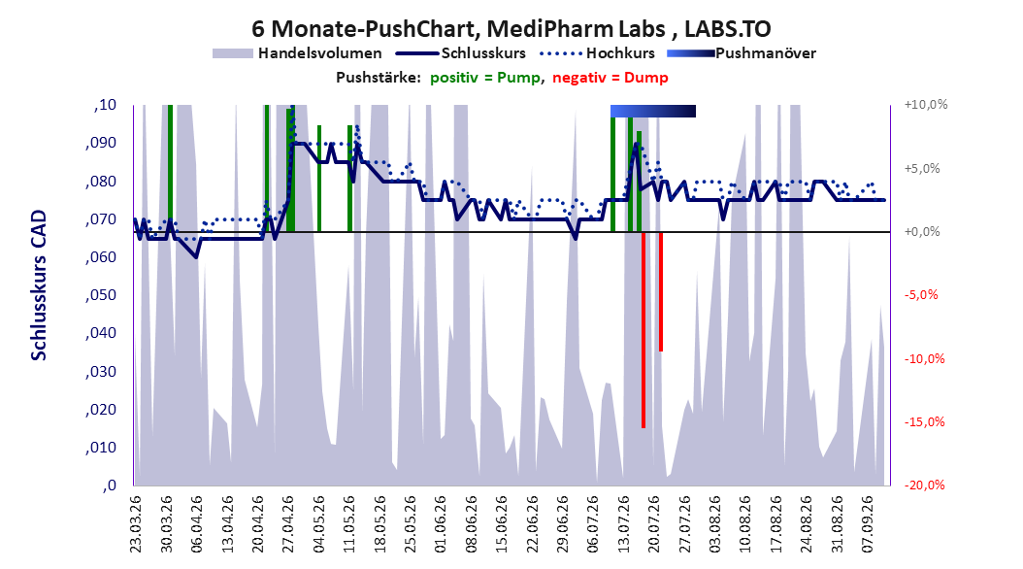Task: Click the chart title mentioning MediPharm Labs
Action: (511, 29)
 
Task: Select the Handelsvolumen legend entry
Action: (297, 53)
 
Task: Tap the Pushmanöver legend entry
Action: (742, 53)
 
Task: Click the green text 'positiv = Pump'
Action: (485, 78)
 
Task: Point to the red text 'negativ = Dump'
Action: (610, 78)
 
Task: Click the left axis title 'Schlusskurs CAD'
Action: (39, 285)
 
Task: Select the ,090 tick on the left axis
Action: (101, 143)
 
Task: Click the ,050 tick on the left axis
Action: (101, 295)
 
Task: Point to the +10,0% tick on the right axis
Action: (926, 105)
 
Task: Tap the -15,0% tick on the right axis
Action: (924, 422)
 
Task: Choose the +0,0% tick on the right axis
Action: (922, 232)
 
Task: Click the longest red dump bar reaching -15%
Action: (643, 329)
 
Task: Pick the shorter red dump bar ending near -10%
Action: (661, 291)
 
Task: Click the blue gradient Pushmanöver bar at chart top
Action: (653, 111)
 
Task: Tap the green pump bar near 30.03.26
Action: (170, 168)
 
